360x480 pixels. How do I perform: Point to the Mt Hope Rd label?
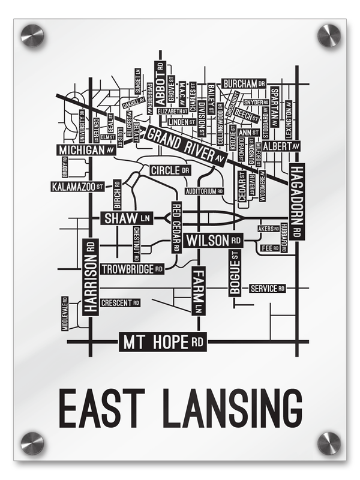pyautogui.click(x=163, y=343)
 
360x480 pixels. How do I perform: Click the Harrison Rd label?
pyautogui.click(x=91, y=277)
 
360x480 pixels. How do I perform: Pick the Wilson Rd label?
pyautogui.click(x=213, y=241)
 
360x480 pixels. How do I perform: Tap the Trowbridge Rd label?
pyautogui.click(x=133, y=269)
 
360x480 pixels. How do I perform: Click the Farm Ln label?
pyautogui.click(x=198, y=291)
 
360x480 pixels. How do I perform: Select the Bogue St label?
pyautogui.click(x=235, y=273)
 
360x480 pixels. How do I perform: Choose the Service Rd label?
pyautogui.click(x=267, y=289)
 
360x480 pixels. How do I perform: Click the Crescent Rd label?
pyautogui.click(x=120, y=303)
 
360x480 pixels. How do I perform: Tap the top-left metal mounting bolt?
pyautogui.click(x=32, y=35)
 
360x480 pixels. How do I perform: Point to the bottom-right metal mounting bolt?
pyautogui.click(x=328, y=443)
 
